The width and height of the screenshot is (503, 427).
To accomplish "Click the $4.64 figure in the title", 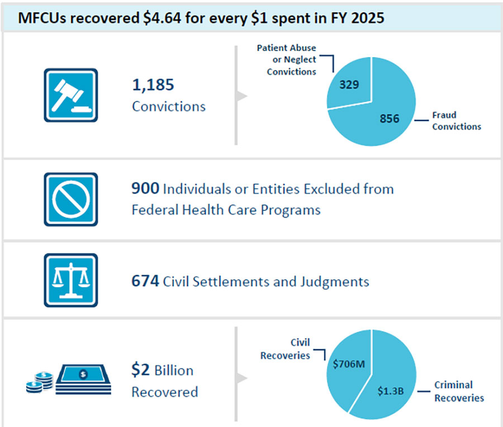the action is point(162,18).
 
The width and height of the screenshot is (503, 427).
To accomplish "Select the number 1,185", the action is point(153,85).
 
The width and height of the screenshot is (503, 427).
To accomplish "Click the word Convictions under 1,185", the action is point(169,106).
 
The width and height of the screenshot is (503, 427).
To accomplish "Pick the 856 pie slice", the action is point(385,119).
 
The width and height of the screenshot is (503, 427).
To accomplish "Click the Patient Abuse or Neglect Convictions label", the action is point(287,60).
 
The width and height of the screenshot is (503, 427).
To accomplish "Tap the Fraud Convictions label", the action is point(457,121).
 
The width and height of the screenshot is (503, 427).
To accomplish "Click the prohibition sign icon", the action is point(71,199).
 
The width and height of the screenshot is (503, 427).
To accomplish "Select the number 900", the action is point(145,188).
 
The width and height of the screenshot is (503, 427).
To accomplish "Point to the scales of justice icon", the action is point(71,280).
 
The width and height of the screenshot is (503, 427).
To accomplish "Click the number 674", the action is point(145,281).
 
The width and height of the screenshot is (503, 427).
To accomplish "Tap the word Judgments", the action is point(335,282).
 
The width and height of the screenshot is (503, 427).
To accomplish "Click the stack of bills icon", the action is point(83,379).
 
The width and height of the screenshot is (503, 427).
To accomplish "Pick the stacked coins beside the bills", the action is point(40,383).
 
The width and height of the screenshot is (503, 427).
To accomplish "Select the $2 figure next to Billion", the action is point(140,369).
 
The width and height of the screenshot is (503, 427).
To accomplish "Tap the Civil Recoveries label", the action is point(285,349).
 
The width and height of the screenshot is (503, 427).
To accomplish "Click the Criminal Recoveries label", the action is point(459,391).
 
